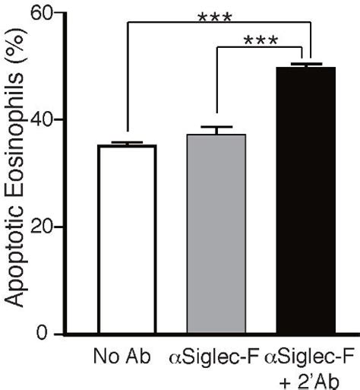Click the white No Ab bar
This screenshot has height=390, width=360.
(127, 239)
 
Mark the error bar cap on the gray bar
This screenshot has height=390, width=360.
(217, 127)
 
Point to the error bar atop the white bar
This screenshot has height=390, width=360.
(127, 143)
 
